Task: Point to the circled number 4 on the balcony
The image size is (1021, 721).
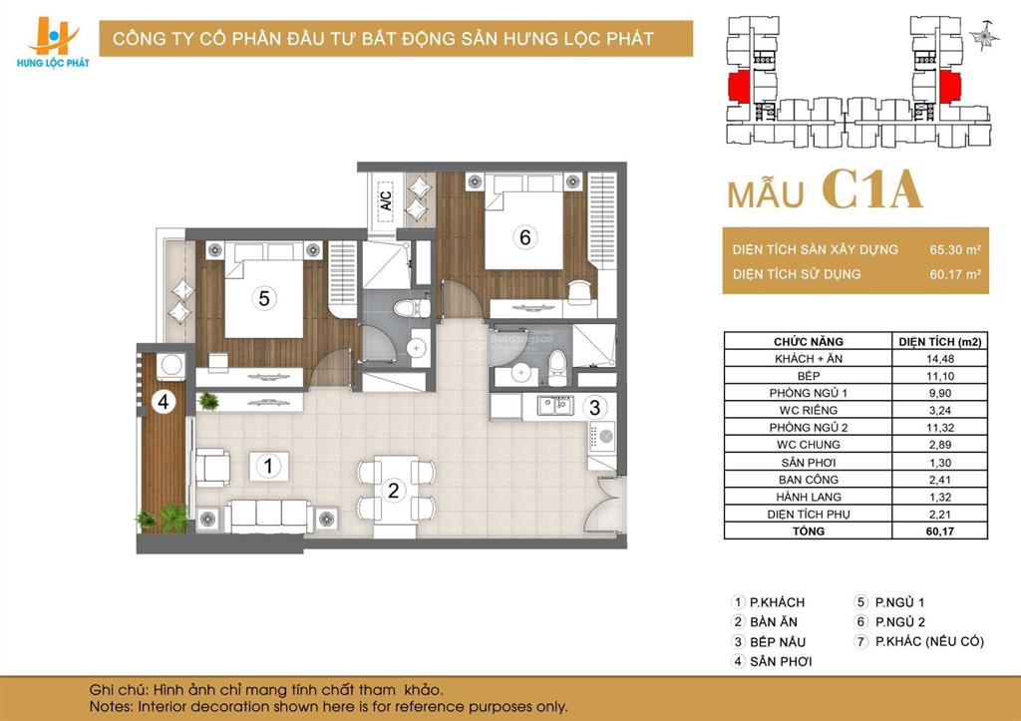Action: [x=163, y=404]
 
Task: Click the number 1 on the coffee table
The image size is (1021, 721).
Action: [x=267, y=465]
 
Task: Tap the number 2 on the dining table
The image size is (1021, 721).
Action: [x=394, y=490]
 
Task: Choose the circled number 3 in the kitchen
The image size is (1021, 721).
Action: [x=594, y=407]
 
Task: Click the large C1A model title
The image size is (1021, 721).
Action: [x=872, y=190]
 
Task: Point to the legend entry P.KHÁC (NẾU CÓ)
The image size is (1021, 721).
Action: [x=928, y=641]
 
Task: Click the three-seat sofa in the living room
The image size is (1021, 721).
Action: [x=266, y=515]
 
